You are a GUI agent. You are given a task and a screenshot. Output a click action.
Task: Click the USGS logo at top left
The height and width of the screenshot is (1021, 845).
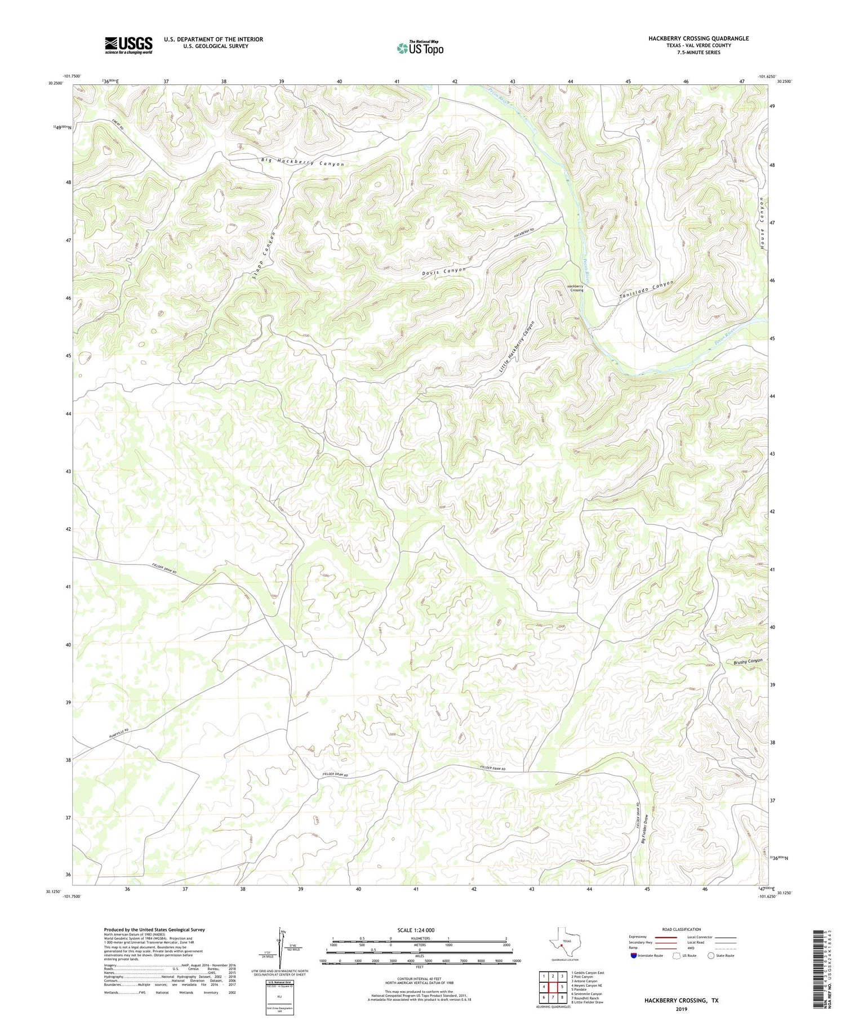tap(128, 45)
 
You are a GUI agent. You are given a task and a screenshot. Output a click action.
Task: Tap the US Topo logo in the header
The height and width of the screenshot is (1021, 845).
tap(420, 48)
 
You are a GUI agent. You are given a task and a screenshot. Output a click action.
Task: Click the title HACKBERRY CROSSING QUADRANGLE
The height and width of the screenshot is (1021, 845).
tap(698, 38)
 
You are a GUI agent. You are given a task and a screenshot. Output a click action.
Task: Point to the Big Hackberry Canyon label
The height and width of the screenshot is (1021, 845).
tap(302, 162)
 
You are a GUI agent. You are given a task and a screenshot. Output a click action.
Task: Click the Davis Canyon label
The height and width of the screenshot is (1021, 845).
tap(444, 271)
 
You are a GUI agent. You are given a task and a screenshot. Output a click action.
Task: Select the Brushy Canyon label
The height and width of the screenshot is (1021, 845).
tap(748, 662)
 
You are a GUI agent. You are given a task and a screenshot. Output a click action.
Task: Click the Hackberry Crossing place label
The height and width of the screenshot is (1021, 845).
tap(575, 288)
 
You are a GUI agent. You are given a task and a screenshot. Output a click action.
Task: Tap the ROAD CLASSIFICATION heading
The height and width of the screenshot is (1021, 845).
tap(682, 929)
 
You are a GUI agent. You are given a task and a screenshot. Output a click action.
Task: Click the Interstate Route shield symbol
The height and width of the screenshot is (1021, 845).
tap(634, 956)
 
